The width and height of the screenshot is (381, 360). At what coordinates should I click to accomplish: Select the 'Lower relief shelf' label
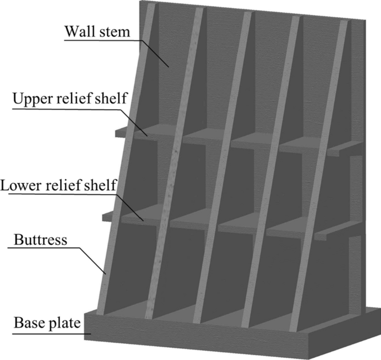pyautogui.click(x=62, y=184)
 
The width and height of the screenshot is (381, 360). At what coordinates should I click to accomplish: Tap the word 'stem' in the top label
pyautogui.click(x=115, y=31)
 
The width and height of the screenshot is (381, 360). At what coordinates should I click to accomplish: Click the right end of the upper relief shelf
pyautogui.click(x=350, y=147)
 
